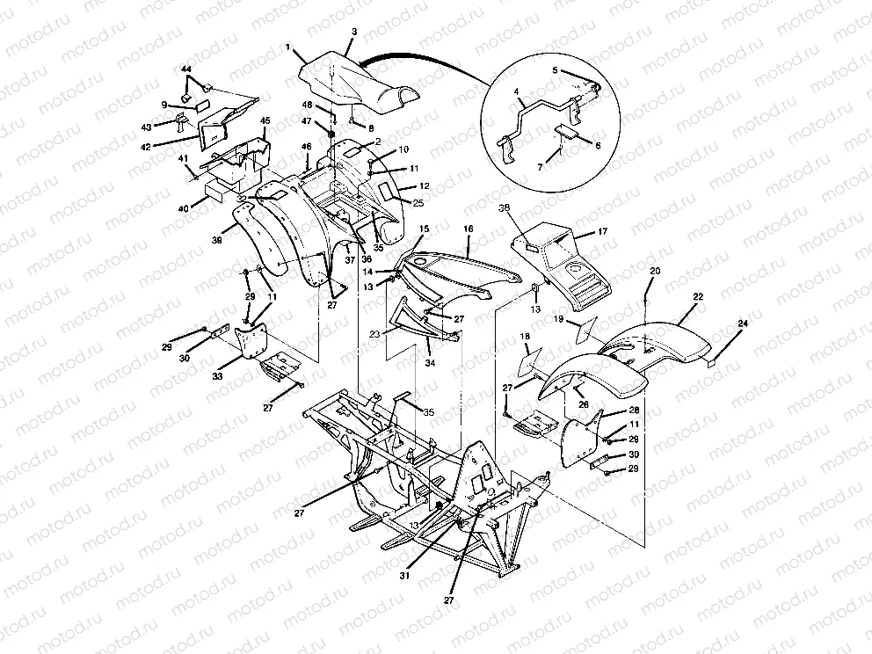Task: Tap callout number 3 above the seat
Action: [353, 32]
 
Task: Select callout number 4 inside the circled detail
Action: [517, 91]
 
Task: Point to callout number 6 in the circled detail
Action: [598, 147]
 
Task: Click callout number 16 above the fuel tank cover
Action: [469, 228]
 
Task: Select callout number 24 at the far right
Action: [743, 324]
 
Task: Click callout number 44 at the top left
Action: [185, 69]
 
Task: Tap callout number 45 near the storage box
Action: [265, 120]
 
